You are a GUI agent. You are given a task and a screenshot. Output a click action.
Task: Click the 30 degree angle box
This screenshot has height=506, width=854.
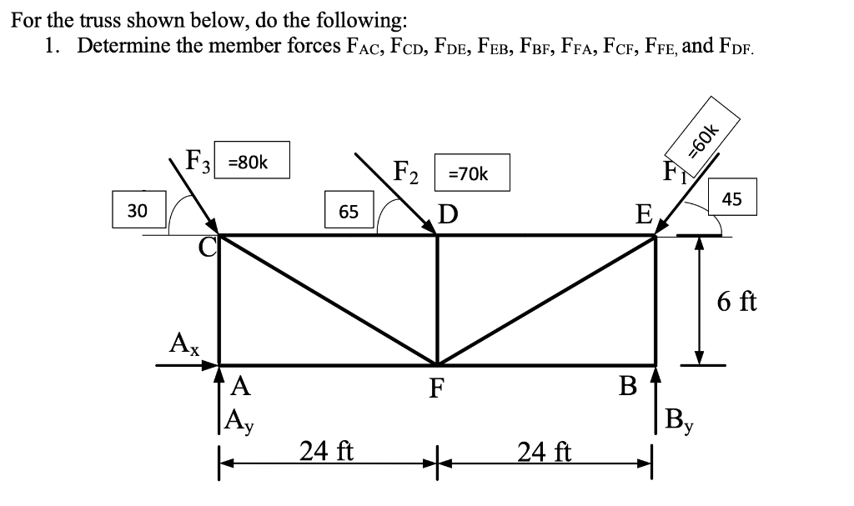(140, 209)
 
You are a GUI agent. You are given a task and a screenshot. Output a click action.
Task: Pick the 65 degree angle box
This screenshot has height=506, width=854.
(349, 211)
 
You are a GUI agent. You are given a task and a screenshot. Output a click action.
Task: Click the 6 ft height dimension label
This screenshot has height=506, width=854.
(736, 300)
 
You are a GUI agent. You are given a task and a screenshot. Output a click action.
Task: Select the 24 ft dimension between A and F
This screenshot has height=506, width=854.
(327, 452)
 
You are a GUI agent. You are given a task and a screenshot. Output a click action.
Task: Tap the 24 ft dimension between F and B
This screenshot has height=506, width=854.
(544, 452)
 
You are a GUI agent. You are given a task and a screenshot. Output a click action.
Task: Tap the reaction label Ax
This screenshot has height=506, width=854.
(183, 343)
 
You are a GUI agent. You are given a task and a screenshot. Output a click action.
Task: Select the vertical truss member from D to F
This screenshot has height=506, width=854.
(437, 300)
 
